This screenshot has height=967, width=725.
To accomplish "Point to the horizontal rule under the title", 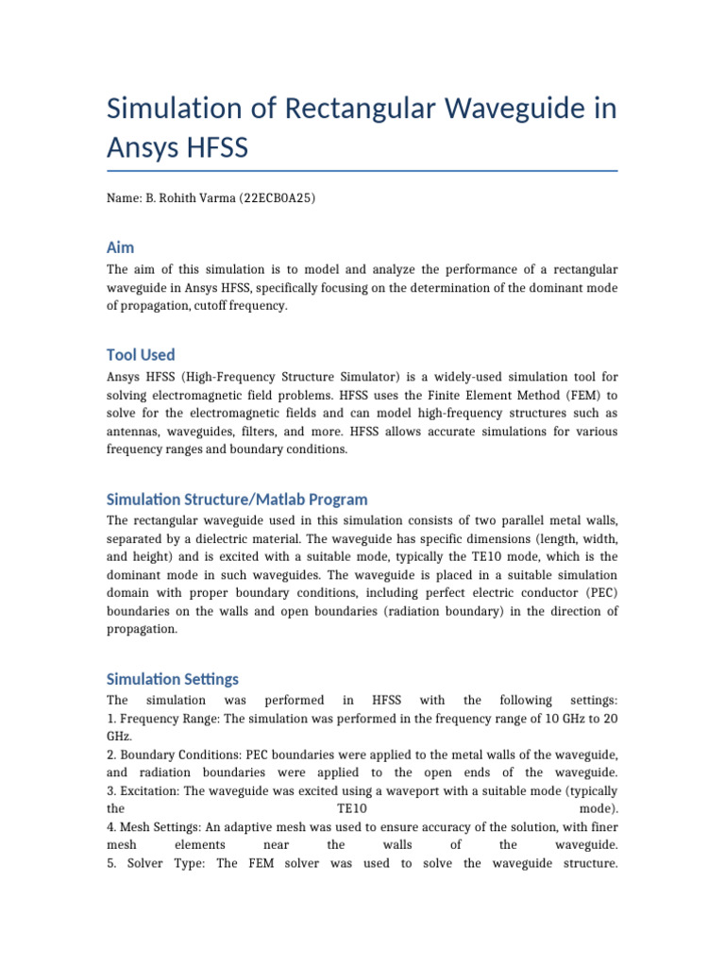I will tap(362, 171).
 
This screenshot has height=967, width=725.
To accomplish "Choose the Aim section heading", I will tap(121, 247).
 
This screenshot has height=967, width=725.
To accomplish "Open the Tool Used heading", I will tap(141, 355).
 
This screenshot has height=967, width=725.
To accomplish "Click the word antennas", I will tap(134, 432).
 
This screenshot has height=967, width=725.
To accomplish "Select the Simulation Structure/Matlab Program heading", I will tap(237, 500).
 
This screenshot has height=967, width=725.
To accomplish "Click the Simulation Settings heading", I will tap(173, 679).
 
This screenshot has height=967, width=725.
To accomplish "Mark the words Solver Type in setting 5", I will tap(160, 863).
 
